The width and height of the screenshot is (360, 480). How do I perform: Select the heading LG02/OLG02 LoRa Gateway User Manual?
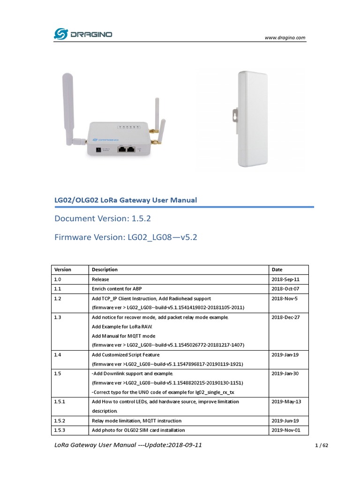pyautogui.click(x=126, y=200)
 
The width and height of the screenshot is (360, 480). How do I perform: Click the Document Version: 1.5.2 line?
pyautogui.click(x=103, y=218)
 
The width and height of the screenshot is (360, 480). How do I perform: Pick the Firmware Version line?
pyautogui.click(x=126, y=237)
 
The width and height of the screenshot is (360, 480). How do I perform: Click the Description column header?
pyautogui.click(x=105, y=270)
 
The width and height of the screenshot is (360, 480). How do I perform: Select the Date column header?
pyautogui.click(x=277, y=270)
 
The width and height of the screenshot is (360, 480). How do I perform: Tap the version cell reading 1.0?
pyautogui.click(x=58, y=279)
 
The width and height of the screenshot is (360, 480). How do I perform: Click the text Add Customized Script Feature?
pyautogui.click(x=126, y=355)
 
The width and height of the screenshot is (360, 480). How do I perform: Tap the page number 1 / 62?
pyautogui.click(x=321, y=446)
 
